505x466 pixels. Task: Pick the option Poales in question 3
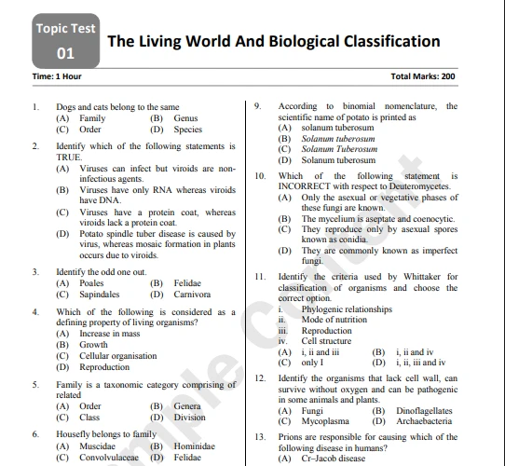click(x=91, y=283)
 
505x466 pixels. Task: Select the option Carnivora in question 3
click(x=192, y=295)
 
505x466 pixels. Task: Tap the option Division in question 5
click(x=190, y=418)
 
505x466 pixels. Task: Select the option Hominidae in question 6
click(x=195, y=446)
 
